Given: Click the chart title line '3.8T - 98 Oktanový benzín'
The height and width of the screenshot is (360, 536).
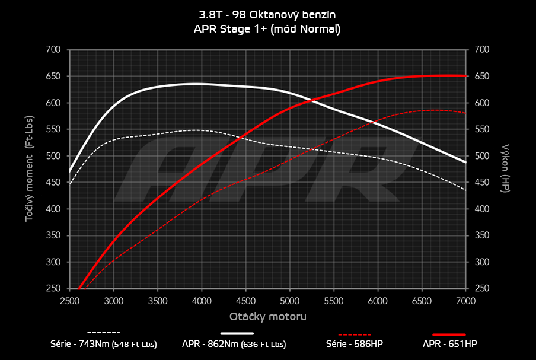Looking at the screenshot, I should point(267,14).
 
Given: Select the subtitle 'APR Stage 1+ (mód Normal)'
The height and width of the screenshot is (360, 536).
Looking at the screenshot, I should point(267,28).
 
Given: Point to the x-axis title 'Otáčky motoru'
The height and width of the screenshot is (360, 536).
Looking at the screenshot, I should point(268,317).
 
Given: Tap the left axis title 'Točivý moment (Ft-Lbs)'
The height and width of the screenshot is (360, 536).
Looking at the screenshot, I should point(29,169).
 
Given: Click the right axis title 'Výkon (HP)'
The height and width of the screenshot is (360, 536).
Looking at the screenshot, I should point(506,169).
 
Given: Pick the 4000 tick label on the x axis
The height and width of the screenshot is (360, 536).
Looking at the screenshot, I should point(202,301).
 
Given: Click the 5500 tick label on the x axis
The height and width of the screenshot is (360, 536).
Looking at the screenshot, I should point(334,301).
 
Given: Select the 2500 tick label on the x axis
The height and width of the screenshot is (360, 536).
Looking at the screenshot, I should point(70,301).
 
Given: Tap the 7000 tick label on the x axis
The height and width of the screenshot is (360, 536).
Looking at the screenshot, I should point(465,301).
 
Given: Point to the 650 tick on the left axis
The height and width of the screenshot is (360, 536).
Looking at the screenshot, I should point(53,77).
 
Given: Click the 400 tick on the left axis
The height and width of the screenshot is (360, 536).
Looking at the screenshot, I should point(53,209).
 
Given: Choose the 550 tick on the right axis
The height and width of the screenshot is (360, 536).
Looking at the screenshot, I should point(481,130).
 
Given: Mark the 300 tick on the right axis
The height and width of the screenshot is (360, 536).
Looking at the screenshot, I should point(481,262).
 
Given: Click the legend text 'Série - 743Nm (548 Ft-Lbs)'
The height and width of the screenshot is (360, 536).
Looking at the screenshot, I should point(104,344).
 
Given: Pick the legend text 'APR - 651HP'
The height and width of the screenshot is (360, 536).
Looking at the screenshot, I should point(449,344).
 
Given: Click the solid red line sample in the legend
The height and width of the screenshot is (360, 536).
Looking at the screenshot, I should point(449,334).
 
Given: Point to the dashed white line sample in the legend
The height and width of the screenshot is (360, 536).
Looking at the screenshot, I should point(104,333).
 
